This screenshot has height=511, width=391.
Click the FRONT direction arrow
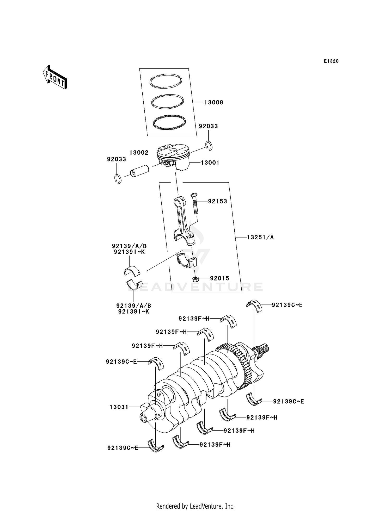pyautogui.click(x=55, y=78)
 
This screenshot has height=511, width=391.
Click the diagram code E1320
pyautogui.click(x=331, y=61)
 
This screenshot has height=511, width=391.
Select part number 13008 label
pyautogui.click(x=213, y=102)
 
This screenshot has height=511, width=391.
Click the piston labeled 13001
pyautogui.click(x=173, y=157)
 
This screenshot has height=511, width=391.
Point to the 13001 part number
pyautogui.click(x=210, y=163)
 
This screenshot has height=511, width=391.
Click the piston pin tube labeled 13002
pyautogui.click(x=139, y=171)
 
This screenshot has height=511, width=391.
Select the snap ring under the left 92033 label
pyautogui.click(x=118, y=179)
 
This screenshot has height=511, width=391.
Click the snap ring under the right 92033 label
pyautogui.click(x=209, y=146)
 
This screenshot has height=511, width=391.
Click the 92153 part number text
pyautogui.click(x=217, y=201)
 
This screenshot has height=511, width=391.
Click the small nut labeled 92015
pyautogui.click(x=195, y=279)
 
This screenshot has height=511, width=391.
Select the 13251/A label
pyautogui.click(x=260, y=237)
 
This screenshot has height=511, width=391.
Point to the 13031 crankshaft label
pyautogui.click(x=119, y=407)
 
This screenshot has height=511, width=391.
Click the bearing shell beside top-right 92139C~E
pyautogui.click(x=254, y=306)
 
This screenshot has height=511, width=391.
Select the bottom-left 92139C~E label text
pyautogui.click(x=123, y=448)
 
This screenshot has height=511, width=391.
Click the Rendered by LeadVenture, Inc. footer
pyautogui.click(x=195, y=506)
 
